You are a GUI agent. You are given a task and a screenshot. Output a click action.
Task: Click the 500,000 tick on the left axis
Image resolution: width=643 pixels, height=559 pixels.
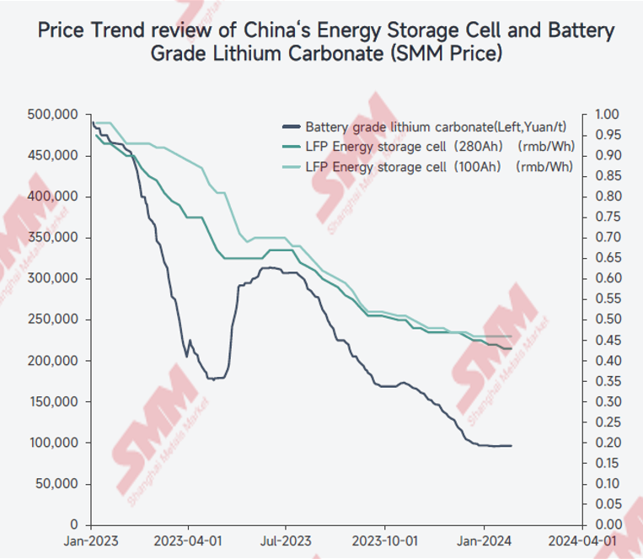55,115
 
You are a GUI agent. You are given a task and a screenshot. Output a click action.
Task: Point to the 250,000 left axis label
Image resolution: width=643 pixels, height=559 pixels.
55,320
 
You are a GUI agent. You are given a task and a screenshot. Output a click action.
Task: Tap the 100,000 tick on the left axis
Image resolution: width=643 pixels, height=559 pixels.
55,443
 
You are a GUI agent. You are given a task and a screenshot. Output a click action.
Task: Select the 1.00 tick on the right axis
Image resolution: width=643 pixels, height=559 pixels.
606,115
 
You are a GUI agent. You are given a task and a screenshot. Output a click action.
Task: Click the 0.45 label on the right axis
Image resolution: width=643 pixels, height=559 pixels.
606,341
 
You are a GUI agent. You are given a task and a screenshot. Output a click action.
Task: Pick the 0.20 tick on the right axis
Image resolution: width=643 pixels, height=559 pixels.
606,443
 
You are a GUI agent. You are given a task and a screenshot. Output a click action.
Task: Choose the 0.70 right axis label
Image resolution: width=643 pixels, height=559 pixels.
606,238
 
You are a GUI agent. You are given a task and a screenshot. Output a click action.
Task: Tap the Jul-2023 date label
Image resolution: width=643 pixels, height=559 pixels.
285,540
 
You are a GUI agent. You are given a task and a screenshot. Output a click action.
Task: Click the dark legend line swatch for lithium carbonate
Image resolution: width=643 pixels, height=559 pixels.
290,128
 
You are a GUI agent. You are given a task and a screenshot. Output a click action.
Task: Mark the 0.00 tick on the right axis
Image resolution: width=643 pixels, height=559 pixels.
606,525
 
